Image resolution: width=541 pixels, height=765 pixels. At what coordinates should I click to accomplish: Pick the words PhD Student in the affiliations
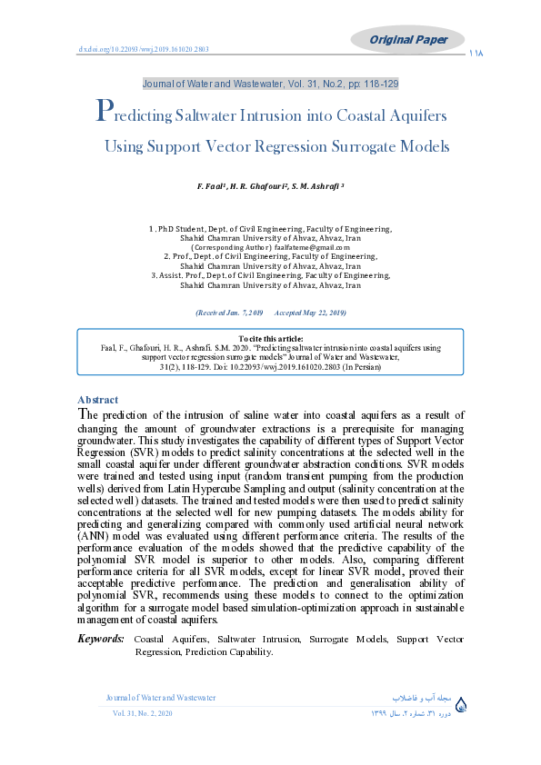click(x=179, y=229)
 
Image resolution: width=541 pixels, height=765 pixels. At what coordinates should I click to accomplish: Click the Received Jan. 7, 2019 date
click(x=229, y=313)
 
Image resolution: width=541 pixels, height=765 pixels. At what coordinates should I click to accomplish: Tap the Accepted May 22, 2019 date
click(x=310, y=313)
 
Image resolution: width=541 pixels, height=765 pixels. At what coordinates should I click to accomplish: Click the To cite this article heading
click(x=270, y=338)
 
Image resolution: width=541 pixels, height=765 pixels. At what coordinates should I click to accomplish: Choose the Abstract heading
click(x=97, y=400)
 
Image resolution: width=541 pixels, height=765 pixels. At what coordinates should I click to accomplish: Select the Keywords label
click(x=101, y=640)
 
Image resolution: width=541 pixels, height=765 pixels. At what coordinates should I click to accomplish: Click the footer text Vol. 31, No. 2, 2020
click(x=142, y=715)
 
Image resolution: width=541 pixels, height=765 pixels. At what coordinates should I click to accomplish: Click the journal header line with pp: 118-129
click(x=270, y=84)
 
